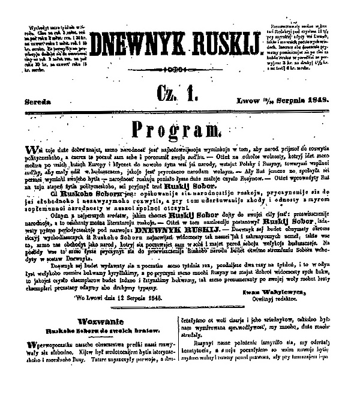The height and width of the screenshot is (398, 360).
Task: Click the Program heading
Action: (x=179, y=129)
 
